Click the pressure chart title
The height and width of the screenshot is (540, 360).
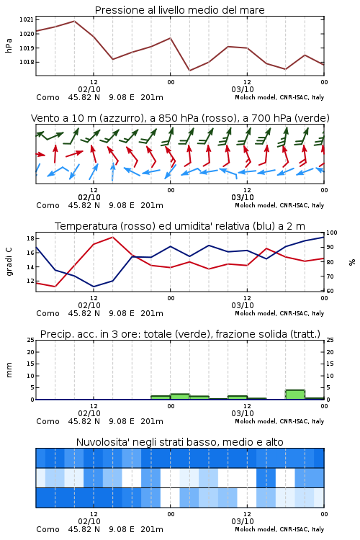179,10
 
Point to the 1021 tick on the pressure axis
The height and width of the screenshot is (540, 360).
27,19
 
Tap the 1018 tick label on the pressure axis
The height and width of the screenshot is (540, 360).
27,62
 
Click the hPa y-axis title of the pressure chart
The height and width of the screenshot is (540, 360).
9,45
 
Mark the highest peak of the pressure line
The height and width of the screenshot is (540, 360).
74,21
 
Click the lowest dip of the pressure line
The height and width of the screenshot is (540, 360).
189,71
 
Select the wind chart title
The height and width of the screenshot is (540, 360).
180,118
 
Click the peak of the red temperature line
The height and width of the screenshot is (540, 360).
112,237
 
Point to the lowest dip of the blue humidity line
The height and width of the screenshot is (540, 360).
94,287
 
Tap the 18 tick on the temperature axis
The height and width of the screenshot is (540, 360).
30,238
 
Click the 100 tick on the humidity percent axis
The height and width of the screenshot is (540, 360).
332,233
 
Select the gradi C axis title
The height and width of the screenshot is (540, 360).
9,261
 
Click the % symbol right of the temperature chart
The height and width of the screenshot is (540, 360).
352,262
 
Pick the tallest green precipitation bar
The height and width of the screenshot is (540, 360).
295,395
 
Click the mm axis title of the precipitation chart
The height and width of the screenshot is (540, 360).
9,370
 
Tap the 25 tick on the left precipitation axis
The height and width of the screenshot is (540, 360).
30,340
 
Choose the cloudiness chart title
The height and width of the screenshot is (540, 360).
179,442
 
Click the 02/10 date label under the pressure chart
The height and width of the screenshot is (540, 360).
89,89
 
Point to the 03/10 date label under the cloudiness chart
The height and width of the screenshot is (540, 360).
243,521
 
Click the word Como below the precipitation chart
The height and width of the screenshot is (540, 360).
48,421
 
